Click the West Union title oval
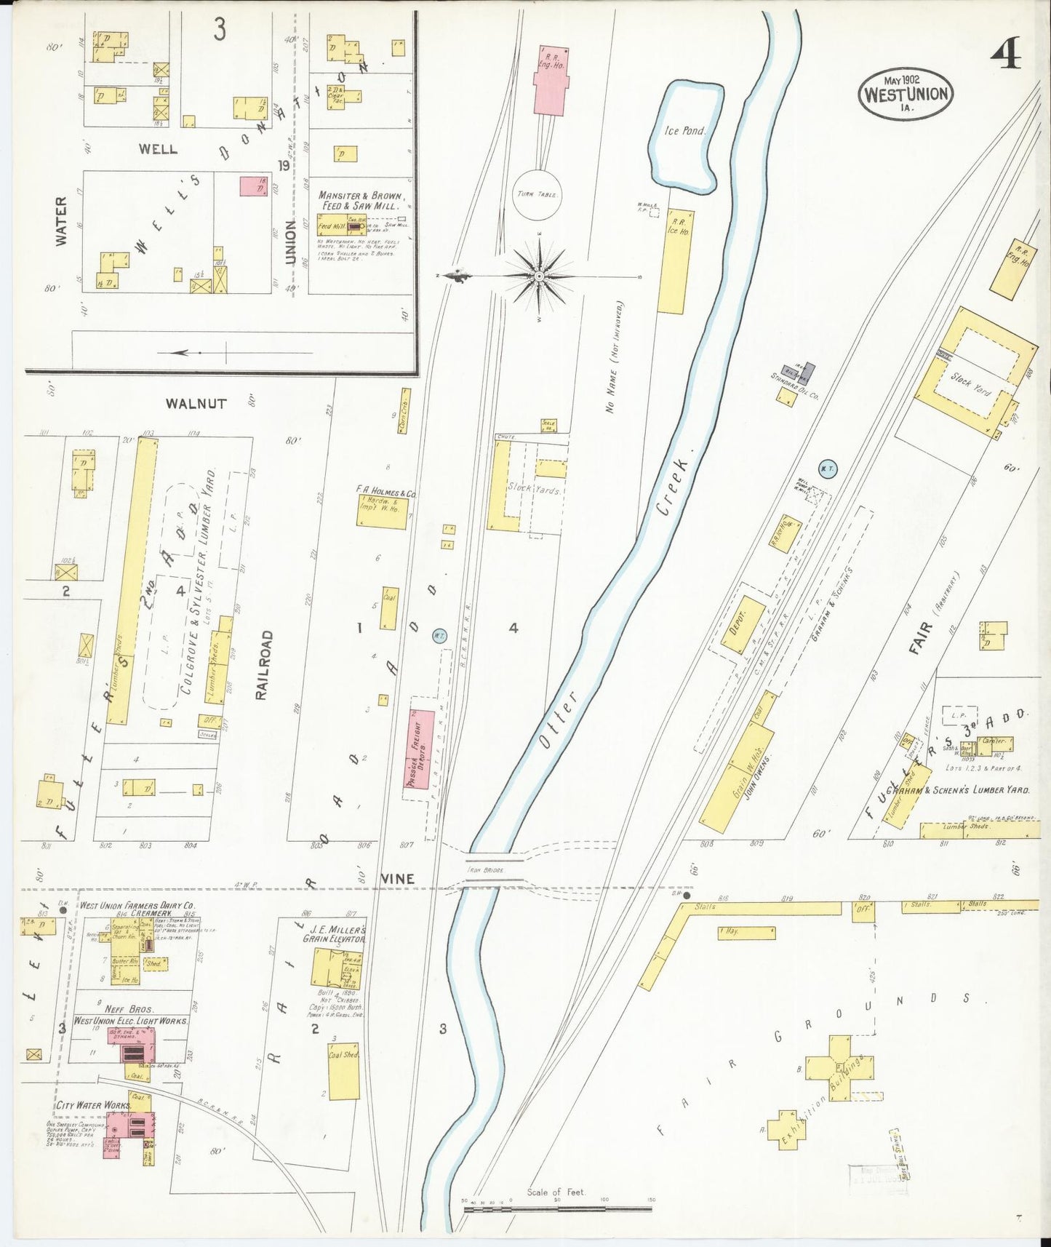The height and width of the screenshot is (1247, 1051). [x=906, y=94]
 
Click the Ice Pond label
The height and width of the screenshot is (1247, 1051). [x=684, y=131]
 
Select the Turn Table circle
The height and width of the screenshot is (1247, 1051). [x=537, y=195]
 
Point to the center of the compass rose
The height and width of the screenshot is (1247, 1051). [x=539, y=276]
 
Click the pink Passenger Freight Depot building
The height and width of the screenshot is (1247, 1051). [x=420, y=749]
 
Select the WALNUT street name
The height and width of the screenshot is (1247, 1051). [x=196, y=404]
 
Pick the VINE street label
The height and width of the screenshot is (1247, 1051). [x=398, y=880]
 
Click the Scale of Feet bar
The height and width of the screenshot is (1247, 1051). [x=558, y=1209]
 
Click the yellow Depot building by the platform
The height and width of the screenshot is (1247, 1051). [x=743, y=625]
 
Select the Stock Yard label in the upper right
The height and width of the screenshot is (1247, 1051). [x=971, y=383]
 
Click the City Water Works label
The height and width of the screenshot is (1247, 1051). [x=93, y=1104]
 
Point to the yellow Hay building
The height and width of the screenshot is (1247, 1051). [x=746, y=932]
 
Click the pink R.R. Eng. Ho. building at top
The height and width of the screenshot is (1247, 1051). [x=551, y=81]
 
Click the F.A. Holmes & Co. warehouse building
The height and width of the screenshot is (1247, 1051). [x=383, y=512]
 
